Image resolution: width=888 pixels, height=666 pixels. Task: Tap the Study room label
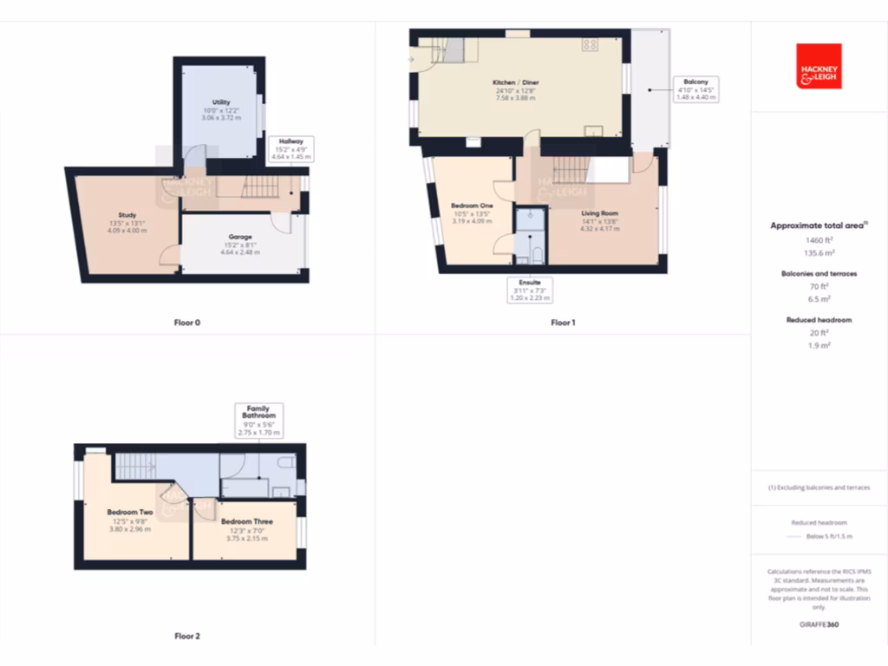point(127,215)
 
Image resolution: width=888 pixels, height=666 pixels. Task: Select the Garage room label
point(240,237)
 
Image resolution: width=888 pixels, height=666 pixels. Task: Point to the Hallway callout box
point(291,149)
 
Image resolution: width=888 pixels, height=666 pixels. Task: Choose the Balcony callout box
point(695,89)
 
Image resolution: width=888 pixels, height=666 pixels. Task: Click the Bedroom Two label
point(130,513)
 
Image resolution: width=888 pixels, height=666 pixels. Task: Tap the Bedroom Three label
point(247,522)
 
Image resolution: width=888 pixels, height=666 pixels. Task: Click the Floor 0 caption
point(187,323)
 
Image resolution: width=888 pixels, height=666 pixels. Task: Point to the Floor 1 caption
point(563,323)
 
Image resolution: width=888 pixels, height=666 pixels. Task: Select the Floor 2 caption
point(187,636)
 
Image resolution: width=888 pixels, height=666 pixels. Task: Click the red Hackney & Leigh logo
point(819,67)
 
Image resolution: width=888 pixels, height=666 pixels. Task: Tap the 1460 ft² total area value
point(819,239)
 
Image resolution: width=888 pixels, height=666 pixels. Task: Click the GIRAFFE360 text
point(819,624)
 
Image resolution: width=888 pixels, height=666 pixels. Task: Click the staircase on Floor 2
point(134,466)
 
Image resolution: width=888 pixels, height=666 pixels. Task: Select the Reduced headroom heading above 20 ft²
point(819,320)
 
